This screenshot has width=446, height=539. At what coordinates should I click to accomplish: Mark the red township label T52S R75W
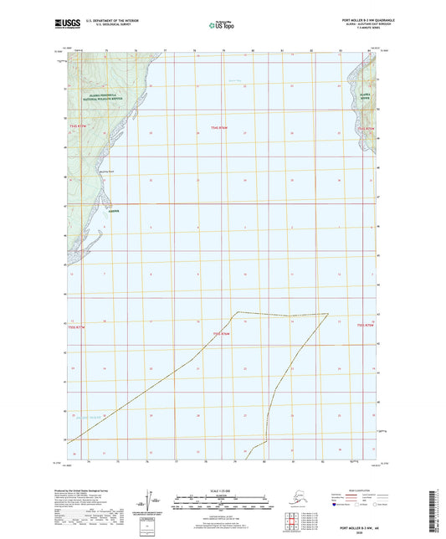[x=366, y=326]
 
